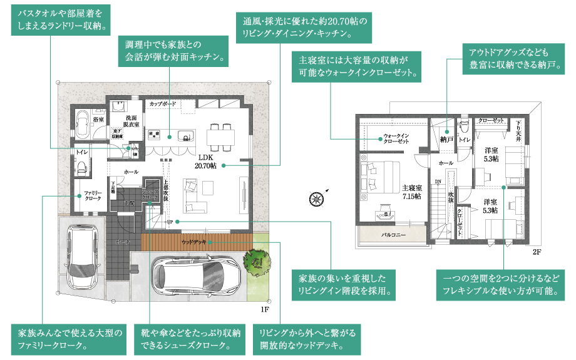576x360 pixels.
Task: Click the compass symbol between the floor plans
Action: [x=316, y=198]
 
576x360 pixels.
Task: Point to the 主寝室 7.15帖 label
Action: [x=411, y=192]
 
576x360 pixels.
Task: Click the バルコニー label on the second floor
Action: [x=394, y=235]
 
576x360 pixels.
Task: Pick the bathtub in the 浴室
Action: [x=84, y=121]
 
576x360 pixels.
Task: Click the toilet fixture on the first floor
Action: [x=81, y=165]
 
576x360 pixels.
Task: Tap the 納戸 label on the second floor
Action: [x=446, y=140]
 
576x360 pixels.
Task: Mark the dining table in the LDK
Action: [x=221, y=132]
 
